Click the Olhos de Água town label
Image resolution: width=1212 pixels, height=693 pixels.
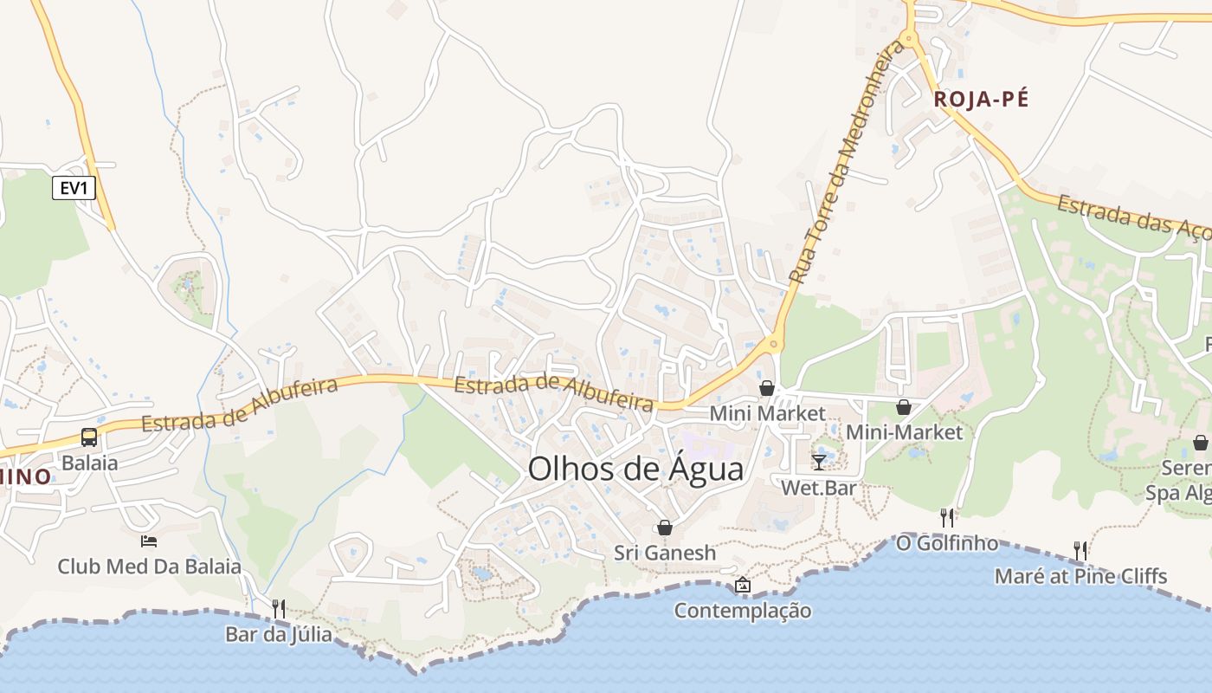(635, 470)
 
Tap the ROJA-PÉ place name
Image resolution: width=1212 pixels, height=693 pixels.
(981, 100)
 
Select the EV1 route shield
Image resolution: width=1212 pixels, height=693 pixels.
(74, 188)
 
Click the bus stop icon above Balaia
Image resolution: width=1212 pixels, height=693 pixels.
(89, 437)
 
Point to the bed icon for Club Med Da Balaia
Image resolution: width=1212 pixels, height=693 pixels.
(149, 541)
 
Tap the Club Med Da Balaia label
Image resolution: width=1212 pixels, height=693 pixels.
(149, 567)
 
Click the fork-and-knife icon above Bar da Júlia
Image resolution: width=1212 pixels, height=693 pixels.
(278, 608)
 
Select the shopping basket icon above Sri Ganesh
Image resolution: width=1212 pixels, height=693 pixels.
(665, 528)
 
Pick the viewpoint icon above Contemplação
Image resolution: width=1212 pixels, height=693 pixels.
(742, 586)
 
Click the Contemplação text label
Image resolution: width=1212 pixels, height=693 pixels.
(743, 611)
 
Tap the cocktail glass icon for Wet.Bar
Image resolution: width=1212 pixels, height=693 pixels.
(819, 463)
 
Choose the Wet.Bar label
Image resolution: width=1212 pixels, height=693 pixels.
(818, 488)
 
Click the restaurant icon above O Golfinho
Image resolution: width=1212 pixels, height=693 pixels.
(947, 518)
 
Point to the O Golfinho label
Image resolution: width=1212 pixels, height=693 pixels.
(947, 544)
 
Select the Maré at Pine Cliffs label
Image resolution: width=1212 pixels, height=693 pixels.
(1080, 576)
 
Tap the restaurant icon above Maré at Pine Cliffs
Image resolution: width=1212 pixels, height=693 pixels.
(1080, 550)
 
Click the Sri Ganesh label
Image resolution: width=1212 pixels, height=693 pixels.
(665, 553)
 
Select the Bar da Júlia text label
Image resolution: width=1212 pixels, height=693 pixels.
(278, 634)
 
